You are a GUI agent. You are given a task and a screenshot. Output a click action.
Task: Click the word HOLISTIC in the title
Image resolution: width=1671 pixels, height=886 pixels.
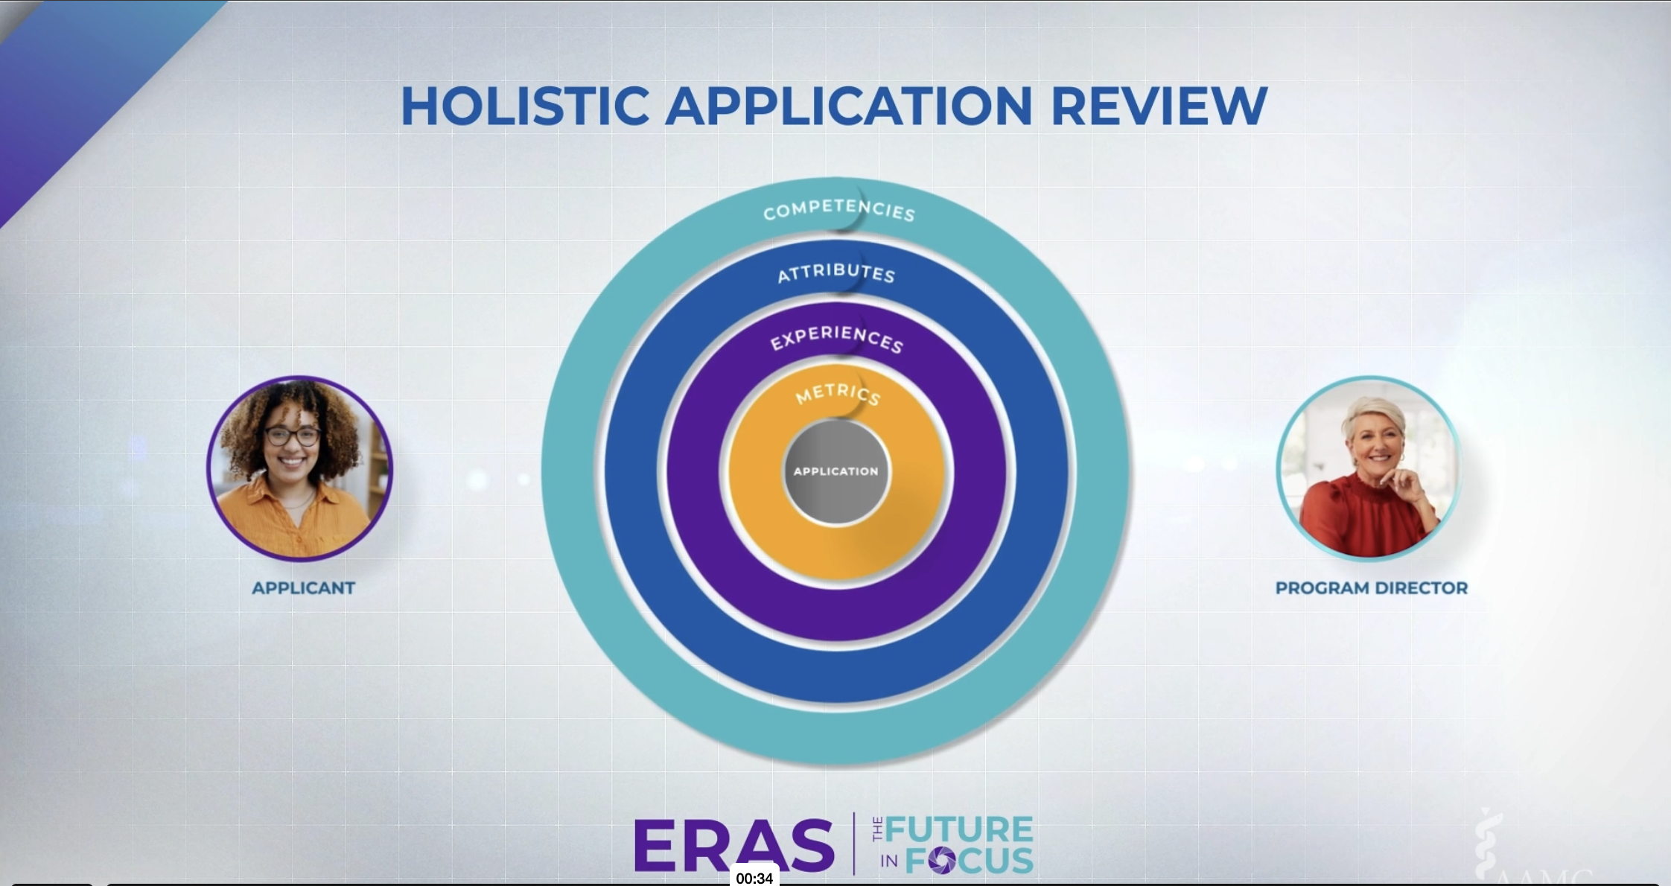[x=525, y=106]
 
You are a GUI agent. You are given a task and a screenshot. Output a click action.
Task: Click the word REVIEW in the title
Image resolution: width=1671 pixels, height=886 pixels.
[x=1159, y=106]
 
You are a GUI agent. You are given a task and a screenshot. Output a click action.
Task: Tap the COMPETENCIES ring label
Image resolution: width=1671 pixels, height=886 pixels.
[x=838, y=210]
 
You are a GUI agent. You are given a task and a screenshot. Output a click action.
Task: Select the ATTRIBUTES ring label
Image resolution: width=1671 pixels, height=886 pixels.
[x=836, y=273]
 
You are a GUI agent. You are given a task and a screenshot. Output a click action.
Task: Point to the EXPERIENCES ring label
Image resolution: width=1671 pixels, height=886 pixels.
[x=836, y=338]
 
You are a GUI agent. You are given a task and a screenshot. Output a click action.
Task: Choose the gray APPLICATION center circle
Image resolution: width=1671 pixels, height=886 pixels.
[x=835, y=471]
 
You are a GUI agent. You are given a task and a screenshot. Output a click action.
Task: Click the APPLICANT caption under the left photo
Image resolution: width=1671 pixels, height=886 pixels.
[x=303, y=588]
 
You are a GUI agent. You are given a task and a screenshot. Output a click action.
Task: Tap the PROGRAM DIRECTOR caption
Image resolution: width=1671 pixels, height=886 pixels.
[x=1371, y=588]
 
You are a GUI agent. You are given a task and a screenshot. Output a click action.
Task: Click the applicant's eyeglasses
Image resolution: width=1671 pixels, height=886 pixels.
[x=293, y=436]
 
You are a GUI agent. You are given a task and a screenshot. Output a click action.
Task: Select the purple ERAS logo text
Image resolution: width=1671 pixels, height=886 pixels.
[x=733, y=846]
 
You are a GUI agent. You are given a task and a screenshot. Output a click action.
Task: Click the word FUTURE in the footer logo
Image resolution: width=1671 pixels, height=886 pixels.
[x=959, y=829]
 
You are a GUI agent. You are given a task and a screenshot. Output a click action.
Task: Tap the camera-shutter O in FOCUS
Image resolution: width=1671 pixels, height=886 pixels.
[x=942, y=861]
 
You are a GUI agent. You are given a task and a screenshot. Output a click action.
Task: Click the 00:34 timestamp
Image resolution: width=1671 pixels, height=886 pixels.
[x=754, y=878]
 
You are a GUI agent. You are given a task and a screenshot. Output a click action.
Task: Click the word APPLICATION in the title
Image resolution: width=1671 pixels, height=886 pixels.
[x=849, y=106]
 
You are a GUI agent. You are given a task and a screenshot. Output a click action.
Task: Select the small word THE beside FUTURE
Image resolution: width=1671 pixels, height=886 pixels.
[x=877, y=829]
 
